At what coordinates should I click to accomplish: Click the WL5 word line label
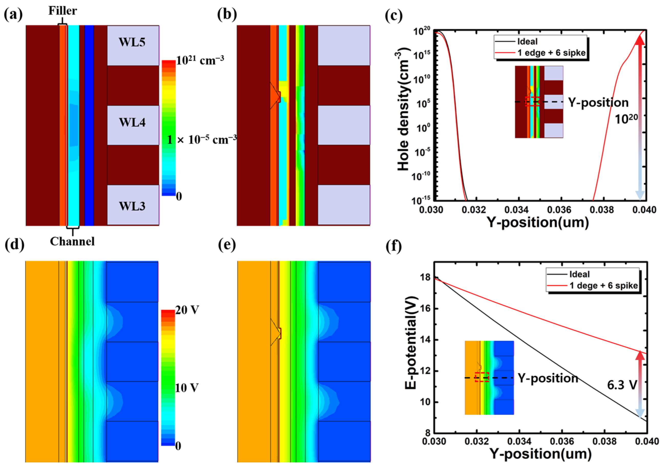[132, 42]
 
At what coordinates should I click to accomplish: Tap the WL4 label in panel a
[132, 123]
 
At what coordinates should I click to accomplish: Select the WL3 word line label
[132, 206]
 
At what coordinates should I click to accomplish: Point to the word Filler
[63, 11]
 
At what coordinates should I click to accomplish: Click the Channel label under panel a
[72, 241]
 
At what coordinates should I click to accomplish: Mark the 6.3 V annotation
[622, 385]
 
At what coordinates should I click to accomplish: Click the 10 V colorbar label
[186, 388]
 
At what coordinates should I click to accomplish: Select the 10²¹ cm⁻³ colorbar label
[200, 60]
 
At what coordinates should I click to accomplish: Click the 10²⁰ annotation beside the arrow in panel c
[626, 119]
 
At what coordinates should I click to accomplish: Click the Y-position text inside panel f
[548, 378]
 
